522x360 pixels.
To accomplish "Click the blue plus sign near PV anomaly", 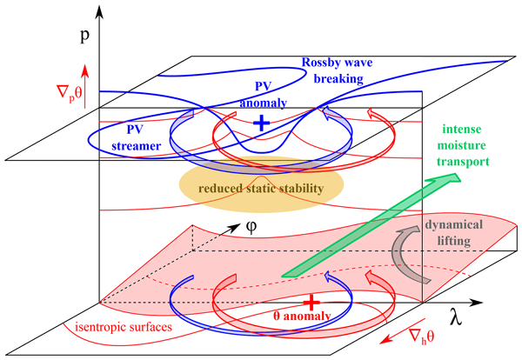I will pyautogui.click(x=259, y=124).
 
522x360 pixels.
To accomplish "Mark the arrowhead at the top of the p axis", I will pyautogui.click(x=103, y=10).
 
